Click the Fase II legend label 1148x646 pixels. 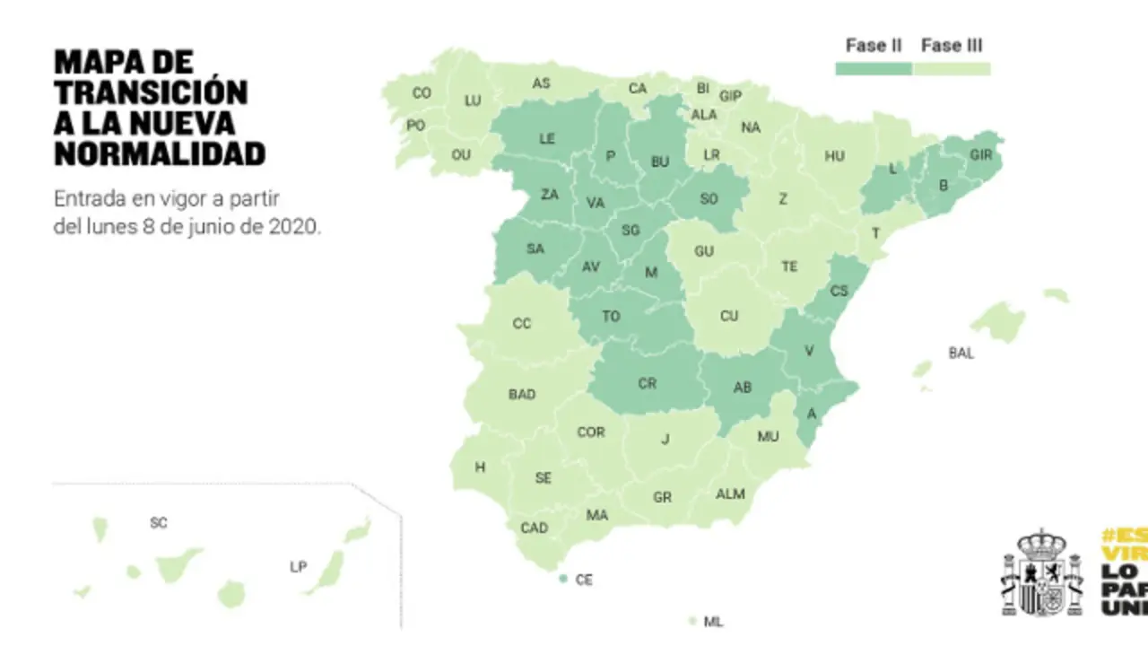(x=873, y=46)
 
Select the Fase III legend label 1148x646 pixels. (x=952, y=46)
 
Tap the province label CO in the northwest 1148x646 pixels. (x=422, y=92)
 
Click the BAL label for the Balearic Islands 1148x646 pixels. (x=961, y=354)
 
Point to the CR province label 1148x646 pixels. (x=647, y=383)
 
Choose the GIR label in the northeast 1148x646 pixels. (x=980, y=154)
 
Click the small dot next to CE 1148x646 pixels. (x=562, y=580)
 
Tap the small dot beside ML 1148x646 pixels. (x=692, y=621)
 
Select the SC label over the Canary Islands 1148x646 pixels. (x=159, y=522)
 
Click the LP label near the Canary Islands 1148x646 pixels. (x=299, y=567)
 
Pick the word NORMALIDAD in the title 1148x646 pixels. (x=160, y=153)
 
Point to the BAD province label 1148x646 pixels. (x=522, y=394)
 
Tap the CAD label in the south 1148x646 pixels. (x=534, y=528)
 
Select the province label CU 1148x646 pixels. (x=729, y=316)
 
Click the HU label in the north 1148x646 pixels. (x=834, y=156)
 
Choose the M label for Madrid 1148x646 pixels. (x=652, y=273)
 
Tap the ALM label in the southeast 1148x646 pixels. (x=730, y=494)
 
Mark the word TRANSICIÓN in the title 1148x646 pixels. (x=151, y=92)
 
